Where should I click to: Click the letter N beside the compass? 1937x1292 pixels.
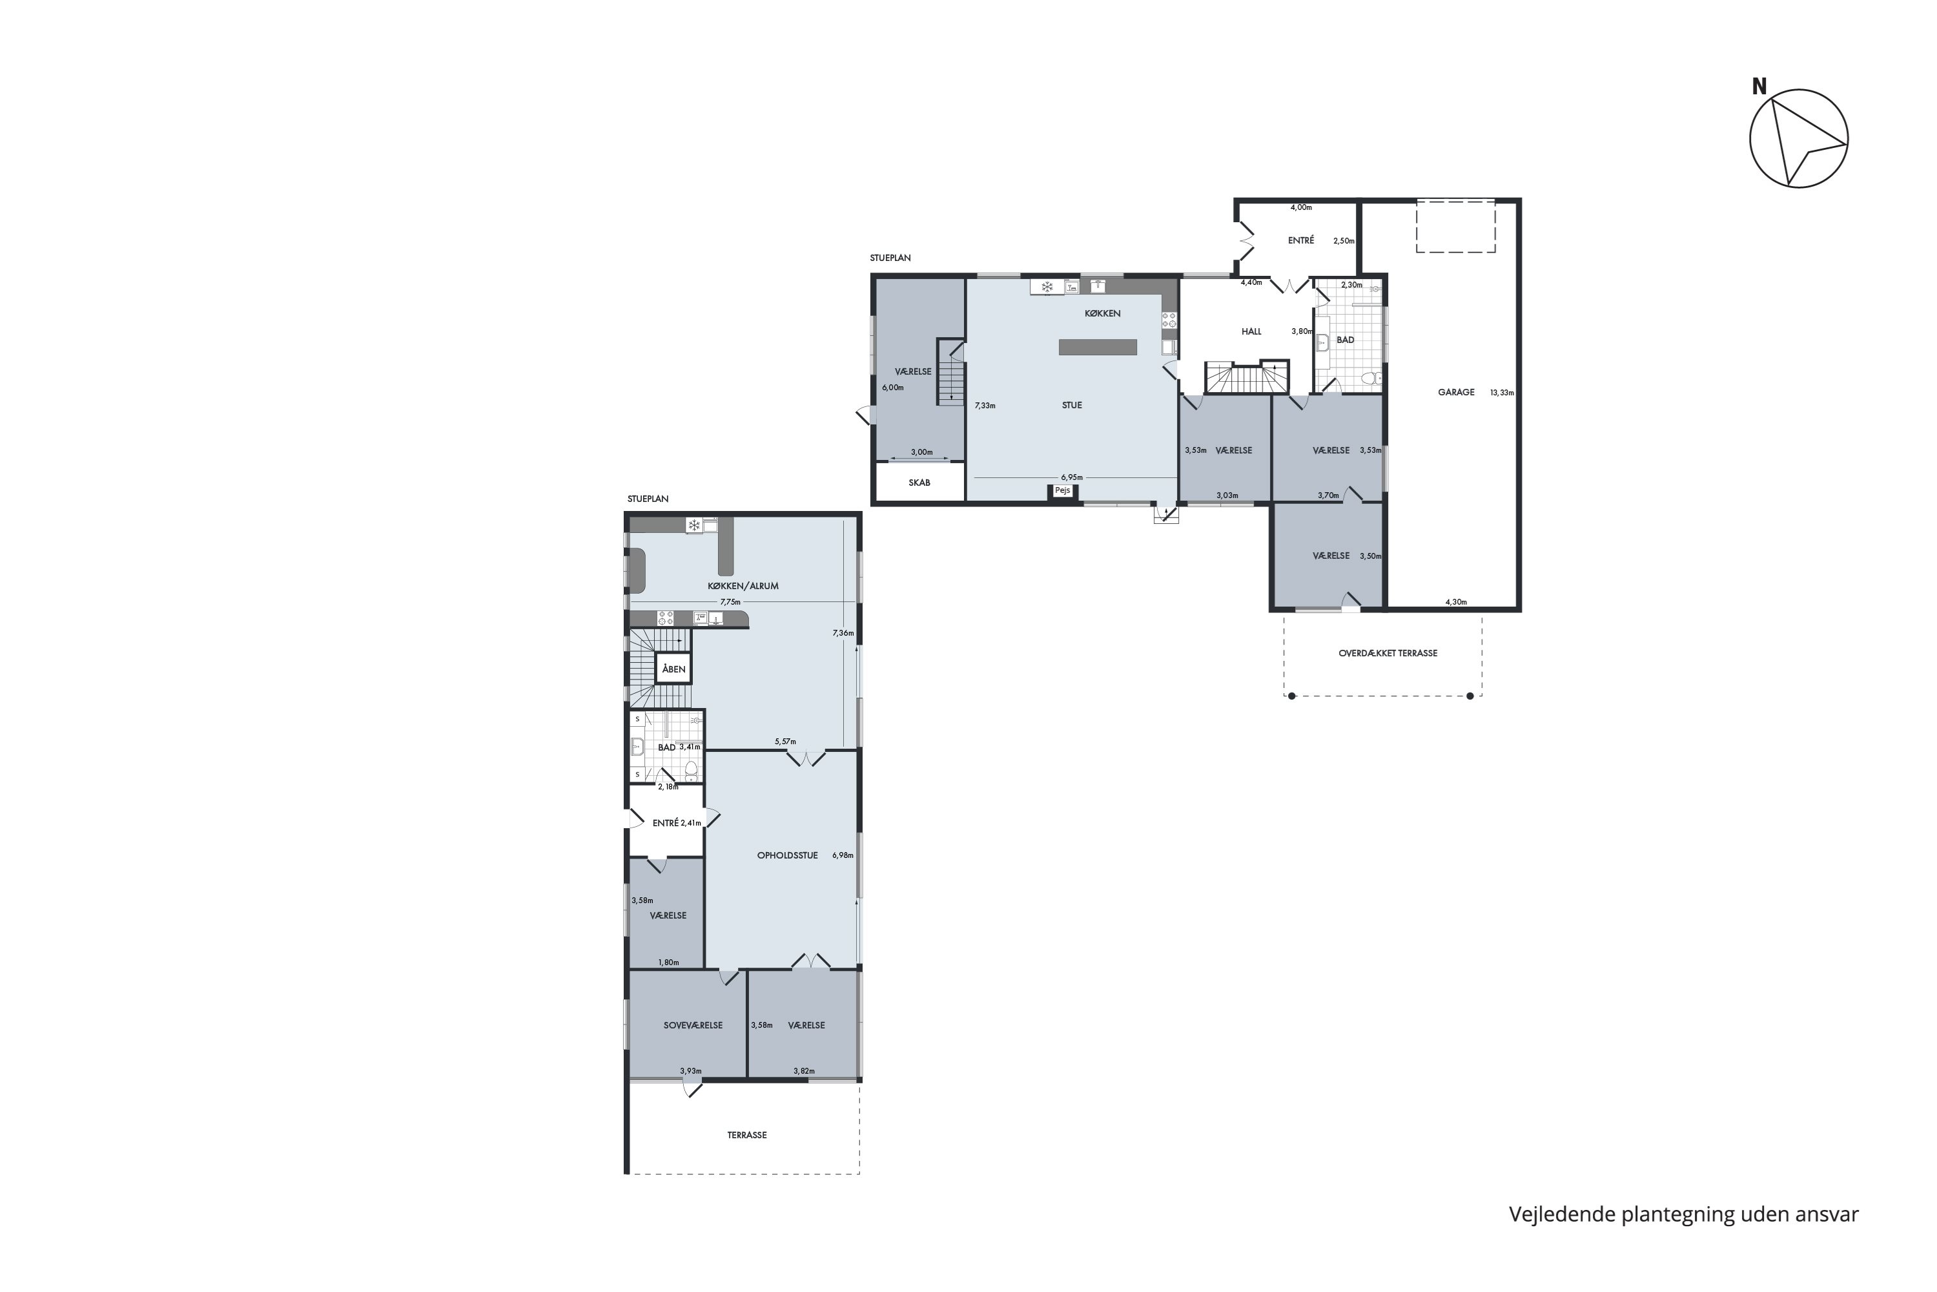pos(1759,87)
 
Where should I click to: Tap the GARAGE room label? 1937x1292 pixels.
pos(1456,392)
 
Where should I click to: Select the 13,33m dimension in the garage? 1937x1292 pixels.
pos(1502,393)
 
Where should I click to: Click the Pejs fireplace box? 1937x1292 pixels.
pos(1062,491)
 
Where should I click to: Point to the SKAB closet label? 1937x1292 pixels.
pos(919,483)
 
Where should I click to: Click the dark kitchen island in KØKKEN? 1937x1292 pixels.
pos(1098,347)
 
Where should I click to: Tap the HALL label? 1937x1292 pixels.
pos(1251,332)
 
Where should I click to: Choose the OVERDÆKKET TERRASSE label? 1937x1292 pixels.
pos(1388,653)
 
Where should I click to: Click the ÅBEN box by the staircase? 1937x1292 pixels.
pos(673,669)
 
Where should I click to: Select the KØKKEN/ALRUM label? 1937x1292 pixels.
pos(743,586)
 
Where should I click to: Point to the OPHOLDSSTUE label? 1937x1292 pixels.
pos(787,855)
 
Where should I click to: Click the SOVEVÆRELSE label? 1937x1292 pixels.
pos(693,1025)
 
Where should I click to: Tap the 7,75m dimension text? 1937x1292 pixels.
pos(730,601)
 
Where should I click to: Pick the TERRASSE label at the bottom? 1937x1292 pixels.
pos(747,1134)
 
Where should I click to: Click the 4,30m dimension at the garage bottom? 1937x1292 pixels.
pos(1456,601)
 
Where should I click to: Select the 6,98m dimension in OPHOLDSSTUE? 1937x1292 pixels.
pos(843,855)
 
